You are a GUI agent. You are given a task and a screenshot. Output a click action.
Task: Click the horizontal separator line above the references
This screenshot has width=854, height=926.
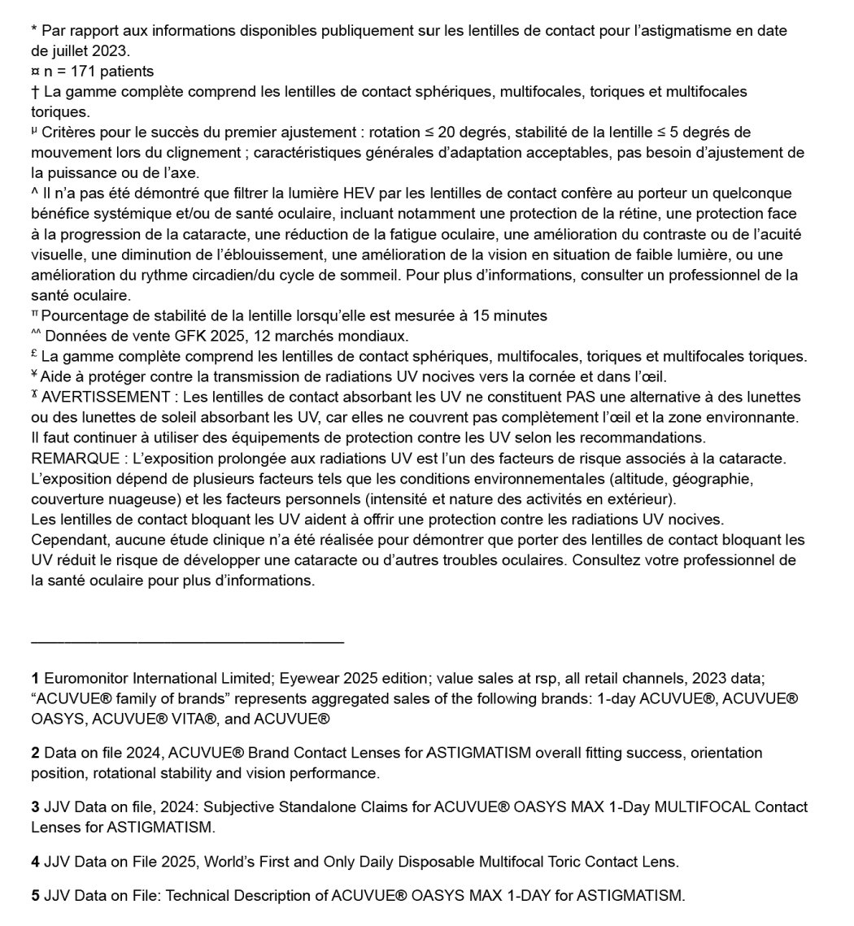(x=187, y=642)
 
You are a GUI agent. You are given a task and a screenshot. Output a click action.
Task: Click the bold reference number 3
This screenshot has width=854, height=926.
(x=35, y=807)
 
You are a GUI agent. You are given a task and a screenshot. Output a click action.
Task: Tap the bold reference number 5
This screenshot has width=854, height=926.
(x=35, y=896)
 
